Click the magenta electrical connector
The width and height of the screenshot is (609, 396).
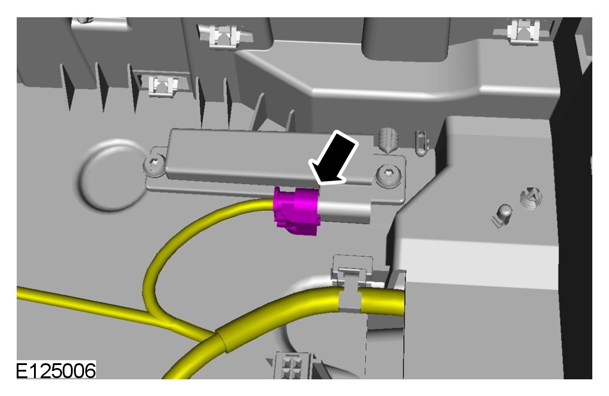pyautogui.click(x=296, y=211)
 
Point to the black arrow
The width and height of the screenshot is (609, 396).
pyautogui.click(x=335, y=159)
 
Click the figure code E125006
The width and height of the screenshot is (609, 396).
pyautogui.click(x=56, y=370)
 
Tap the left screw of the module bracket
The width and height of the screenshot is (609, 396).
pyautogui.click(x=155, y=165)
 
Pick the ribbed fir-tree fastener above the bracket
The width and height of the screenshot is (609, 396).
pyautogui.click(x=388, y=139)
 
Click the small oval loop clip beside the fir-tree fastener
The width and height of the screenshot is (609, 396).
pyautogui.click(x=421, y=144)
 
